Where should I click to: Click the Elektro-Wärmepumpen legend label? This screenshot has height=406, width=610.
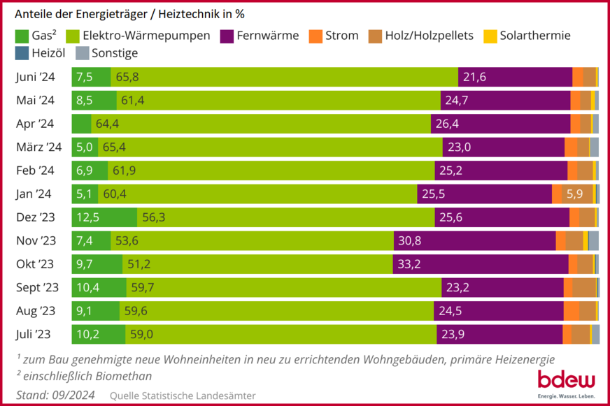pos(145,36)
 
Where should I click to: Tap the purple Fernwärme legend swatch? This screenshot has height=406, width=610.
pos(227,36)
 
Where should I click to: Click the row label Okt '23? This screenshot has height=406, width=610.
pos(35,264)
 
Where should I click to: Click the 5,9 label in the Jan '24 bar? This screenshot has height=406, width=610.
pos(574,194)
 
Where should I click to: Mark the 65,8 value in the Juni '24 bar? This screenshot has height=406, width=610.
pos(127,77)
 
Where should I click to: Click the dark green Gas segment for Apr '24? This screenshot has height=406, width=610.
pos(82,124)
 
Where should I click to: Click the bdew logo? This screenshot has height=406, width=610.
pos(565,382)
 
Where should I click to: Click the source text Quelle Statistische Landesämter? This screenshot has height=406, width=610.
pos(183,396)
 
